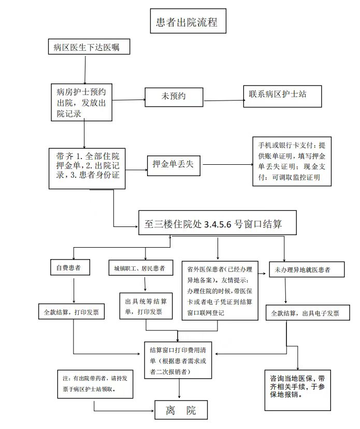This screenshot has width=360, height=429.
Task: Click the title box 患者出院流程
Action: (188, 21)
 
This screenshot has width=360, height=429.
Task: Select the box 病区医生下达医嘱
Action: (89, 47)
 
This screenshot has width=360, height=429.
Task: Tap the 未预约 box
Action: (174, 97)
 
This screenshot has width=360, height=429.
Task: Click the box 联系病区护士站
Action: (283, 96)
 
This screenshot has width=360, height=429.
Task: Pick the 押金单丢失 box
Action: (174, 165)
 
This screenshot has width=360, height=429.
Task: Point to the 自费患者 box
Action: (70, 267)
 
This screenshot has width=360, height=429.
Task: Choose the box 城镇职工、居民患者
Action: (141, 267)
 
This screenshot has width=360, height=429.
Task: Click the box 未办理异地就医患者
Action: (307, 269)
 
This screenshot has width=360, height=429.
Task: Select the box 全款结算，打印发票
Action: (71, 311)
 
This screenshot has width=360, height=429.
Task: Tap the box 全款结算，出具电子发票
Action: (308, 312)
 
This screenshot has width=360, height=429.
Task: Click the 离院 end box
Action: (181, 410)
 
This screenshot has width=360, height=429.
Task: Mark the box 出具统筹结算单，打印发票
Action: (146, 306)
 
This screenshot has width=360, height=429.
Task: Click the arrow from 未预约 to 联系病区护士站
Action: (224, 101)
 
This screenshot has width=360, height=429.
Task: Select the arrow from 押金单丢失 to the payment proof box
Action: (228, 164)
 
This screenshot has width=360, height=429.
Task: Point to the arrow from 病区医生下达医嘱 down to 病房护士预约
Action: (85, 70)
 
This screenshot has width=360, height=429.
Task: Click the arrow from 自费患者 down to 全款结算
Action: (74, 291)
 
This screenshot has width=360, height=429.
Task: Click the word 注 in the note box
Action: (66, 378)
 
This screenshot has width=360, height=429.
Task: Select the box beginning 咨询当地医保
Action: (298, 390)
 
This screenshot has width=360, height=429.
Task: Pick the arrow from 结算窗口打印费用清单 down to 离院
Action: (179, 388)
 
